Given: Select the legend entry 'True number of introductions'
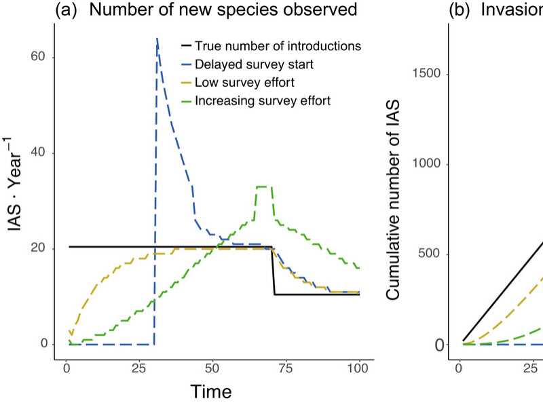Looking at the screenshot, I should pyautogui.click(x=277, y=46).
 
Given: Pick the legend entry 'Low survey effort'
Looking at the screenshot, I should pyautogui.click(x=238, y=83).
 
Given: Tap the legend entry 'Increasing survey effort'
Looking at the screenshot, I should pyautogui.click(x=262, y=101).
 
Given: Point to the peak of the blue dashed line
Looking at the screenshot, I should pyautogui.click(x=157, y=40).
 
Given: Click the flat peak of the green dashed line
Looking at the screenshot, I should pyautogui.click(x=264, y=186).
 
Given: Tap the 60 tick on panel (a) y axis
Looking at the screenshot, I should pyautogui.click(x=43, y=57).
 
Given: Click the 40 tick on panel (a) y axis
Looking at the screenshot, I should pyautogui.click(x=43, y=153).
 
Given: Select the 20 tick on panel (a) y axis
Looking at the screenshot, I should pyautogui.click(x=43, y=248).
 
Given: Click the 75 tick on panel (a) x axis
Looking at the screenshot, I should pyautogui.click(x=286, y=370).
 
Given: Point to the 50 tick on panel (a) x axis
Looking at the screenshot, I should pyautogui.click(x=212, y=370).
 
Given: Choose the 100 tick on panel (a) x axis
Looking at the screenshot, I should pyautogui.click(x=358, y=370).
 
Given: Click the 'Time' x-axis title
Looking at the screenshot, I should pyautogui.click(x=210, y=392).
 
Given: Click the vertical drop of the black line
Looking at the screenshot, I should pyautogui.click(x=274, y=271).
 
